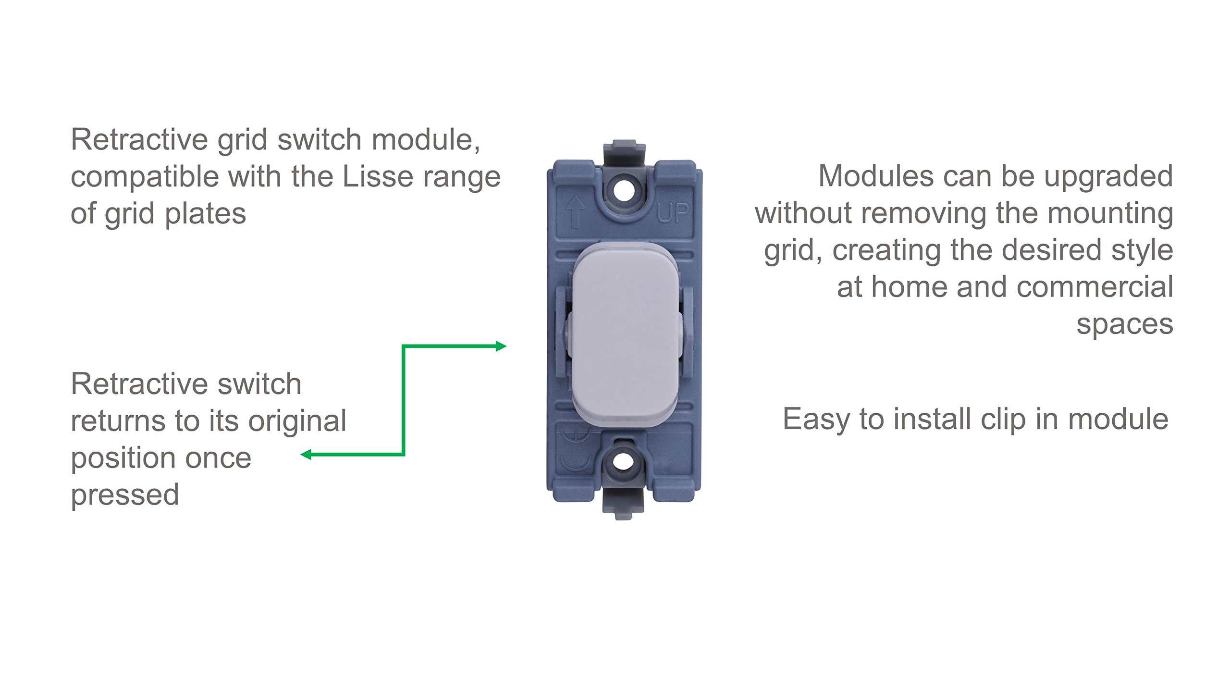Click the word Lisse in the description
point(378,176)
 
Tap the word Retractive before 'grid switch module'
point(139,140)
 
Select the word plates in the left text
point(205,214)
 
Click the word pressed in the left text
point(125,495)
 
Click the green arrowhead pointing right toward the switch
point(501,346)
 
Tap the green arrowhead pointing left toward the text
point(306,454)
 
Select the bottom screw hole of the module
point(623,461)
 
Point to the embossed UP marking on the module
point(673,213)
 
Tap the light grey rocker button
point(625,334)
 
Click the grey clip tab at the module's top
point(623,153)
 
